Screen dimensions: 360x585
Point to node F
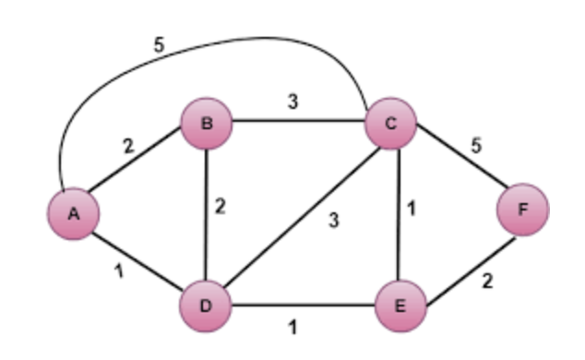tap(522, 209)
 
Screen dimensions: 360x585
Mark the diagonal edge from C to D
tap(299, 213)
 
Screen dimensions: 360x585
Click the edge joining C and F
tap(458, 167)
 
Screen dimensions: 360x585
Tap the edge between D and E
tap(304, 302)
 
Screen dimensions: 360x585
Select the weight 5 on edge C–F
tap(476, 146)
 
